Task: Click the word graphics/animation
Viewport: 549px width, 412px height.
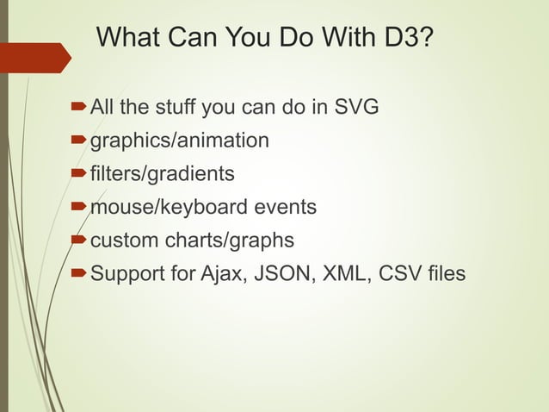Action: click(180, 140)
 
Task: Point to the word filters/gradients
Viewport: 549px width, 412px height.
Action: click(163, 174)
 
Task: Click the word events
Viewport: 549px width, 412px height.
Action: click(280, 208)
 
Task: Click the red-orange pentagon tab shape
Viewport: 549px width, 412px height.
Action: click(34, 58)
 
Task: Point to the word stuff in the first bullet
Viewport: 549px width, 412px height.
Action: click(176, 108)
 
